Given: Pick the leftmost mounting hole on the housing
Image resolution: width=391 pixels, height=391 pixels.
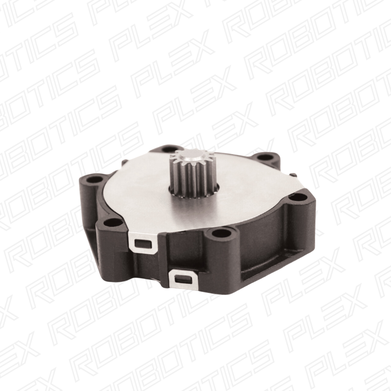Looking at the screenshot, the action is (95, 179).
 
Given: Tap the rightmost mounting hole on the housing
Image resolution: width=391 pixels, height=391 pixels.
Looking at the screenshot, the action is (298, 198).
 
